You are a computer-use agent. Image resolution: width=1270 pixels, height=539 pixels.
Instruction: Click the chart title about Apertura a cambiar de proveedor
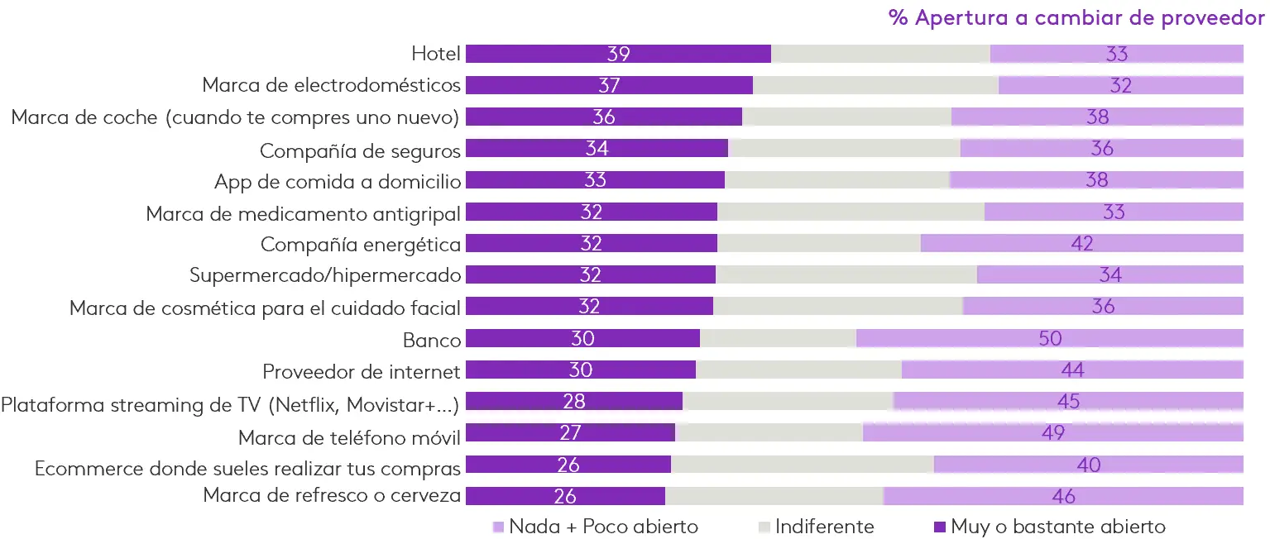pos(1076,18)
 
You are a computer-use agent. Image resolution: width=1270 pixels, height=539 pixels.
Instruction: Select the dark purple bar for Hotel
pos(618,54)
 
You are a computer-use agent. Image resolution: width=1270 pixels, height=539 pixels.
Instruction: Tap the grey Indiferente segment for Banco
pos(778,338)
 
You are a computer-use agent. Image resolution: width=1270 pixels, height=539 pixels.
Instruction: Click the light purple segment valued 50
pos(1050,338)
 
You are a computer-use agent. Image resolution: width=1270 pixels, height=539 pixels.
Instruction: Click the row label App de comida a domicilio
pos(337,180)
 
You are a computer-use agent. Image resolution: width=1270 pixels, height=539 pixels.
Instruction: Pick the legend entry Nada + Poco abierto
pos(595,526)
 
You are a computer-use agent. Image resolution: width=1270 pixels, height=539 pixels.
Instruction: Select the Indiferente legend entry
pos(816,526)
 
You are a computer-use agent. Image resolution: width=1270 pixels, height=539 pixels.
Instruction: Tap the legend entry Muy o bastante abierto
pos(1049,526)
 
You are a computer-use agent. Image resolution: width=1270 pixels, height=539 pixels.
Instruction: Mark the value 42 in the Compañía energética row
pos(1081,243)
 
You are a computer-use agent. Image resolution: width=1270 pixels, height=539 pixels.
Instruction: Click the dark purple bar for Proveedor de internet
pos(581,370)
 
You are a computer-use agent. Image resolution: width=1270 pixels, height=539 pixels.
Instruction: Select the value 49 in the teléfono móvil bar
pos(1053,432)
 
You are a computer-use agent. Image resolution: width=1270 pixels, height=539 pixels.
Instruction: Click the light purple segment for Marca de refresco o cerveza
pos(1063,496)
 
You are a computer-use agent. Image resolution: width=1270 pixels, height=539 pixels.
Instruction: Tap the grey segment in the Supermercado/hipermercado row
pos(846,274)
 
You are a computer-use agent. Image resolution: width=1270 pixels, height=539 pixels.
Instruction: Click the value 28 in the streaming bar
pos(573,402)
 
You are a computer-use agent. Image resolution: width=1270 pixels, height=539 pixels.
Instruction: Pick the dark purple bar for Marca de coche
pos(604,117)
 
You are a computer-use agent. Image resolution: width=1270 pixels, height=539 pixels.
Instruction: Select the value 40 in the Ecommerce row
pos(1089,465)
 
